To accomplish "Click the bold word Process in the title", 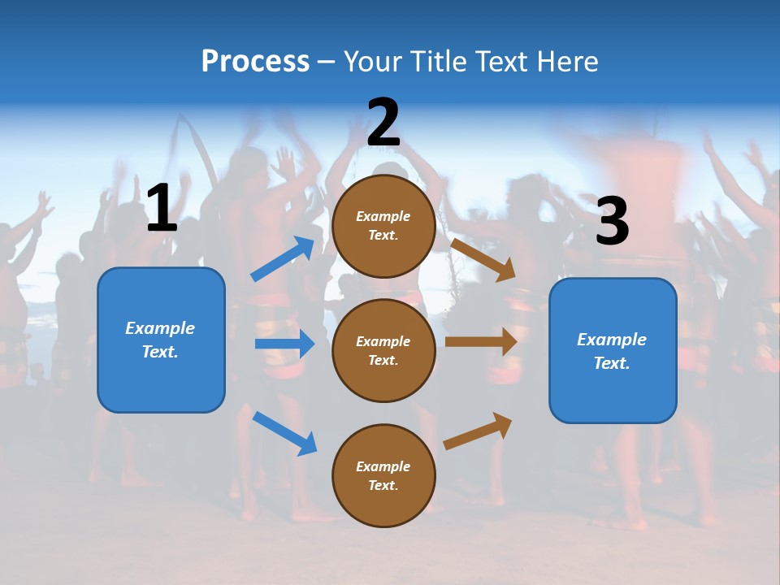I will pyautogui.click(x=255, y=61).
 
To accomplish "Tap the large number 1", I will pyautogui.click(x=162, y=209).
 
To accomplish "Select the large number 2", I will pyautogui.click(x=383, y=123).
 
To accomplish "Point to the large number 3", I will pyautogui.click(x=612, y=221).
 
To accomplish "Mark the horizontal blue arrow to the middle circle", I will pyautogui.click(x=284, y=344).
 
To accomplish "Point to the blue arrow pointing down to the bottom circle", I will pyautogui.click(x=284, y=432).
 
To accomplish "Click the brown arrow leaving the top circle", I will pyautogui.click(x=483, y=259).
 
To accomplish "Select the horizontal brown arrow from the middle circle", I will pyautogui.click(x=481, y=341).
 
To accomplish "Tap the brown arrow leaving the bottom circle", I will pyautogui.click(x=478, y=431).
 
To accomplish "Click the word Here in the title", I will pyautogui.click(x=568, y=61).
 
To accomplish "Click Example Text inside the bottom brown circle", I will pyautogui.click(x=383, y=476).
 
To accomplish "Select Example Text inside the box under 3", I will pyautogui.click(x=612, y=351).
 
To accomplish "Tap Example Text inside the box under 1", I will pyautogui.click(x=160, y=340).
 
